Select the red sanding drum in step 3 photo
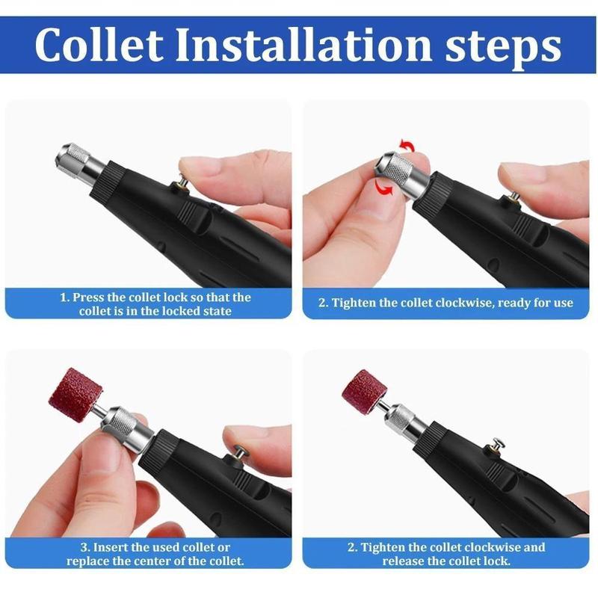[x=75, y=394]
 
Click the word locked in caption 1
[x=191, y=310]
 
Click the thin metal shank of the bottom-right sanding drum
[x=383, y=404]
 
